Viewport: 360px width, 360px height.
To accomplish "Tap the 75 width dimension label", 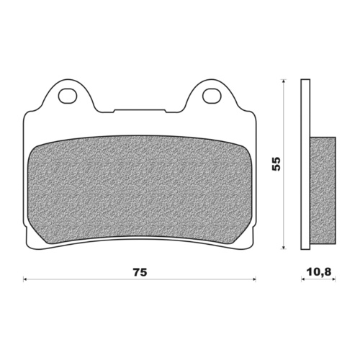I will pos(140,272).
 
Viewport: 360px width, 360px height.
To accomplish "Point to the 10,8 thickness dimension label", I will pos(318,273).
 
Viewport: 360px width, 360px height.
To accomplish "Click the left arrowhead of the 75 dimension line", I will pos(26,277).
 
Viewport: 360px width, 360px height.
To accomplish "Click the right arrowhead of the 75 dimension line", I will pos(256,277).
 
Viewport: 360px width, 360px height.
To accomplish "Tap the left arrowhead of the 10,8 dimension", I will pos(302,277).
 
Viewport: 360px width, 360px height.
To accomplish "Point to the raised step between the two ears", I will pos(140,111).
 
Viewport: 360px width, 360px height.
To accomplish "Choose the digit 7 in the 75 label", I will pos(135,272).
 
